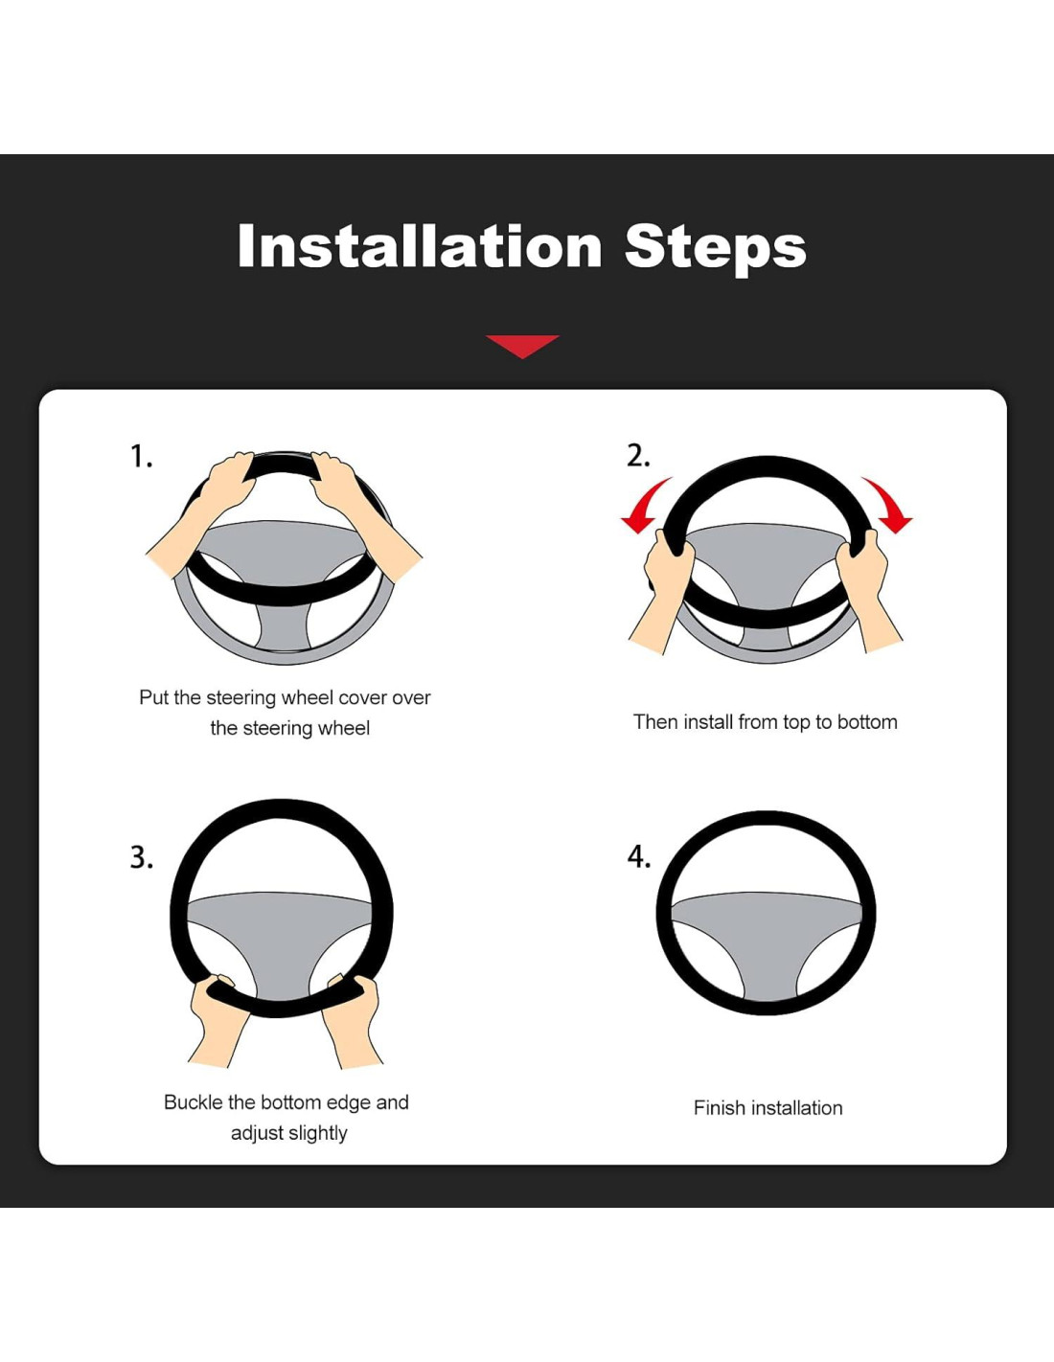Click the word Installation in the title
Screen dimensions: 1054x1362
click(420, 246)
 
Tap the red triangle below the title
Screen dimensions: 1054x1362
click(521, 347)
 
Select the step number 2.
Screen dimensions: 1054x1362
click(638, 456)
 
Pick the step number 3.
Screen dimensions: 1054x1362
click(141, 857)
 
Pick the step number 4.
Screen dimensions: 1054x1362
click(639, 857)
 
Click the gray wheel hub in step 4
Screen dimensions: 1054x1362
click(767, 934)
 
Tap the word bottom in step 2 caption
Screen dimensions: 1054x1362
click(867, 722)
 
